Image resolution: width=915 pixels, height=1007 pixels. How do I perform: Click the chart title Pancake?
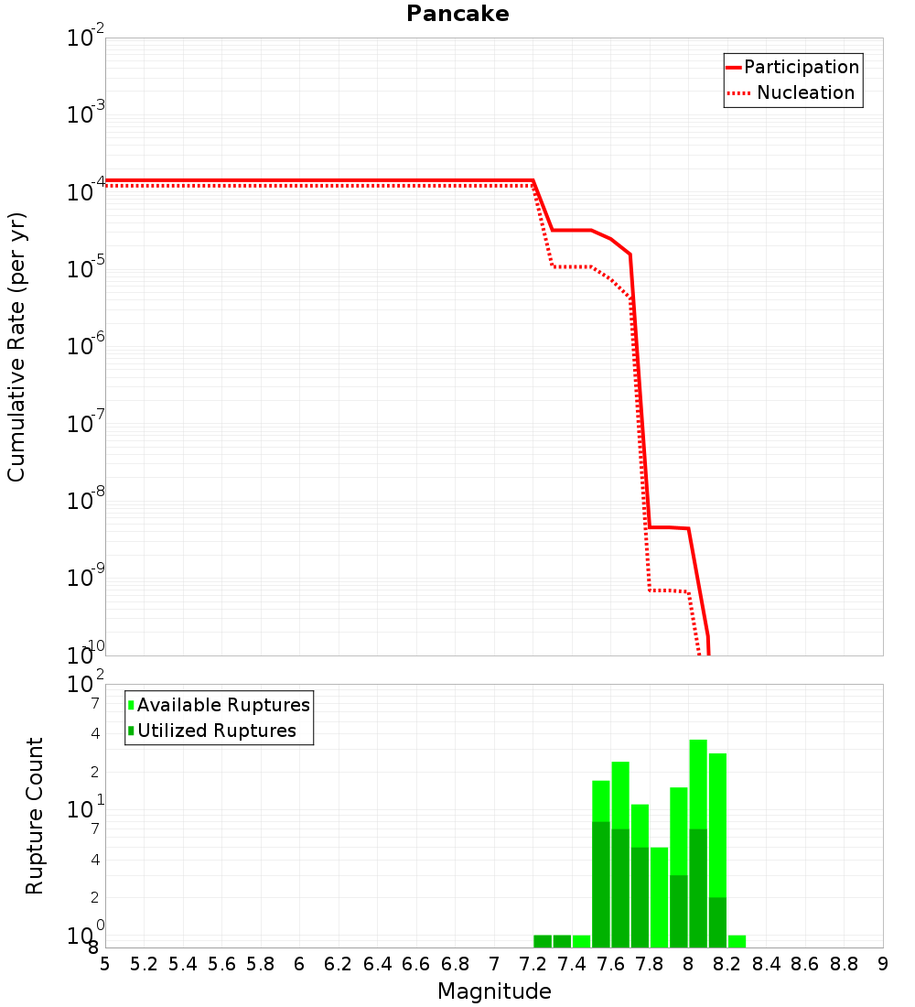(x=457, y=14)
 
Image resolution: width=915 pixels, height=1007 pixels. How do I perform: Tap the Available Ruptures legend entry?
(x=222, y=705)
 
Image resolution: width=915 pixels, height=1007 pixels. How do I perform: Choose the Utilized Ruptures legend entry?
(x=216, y=731)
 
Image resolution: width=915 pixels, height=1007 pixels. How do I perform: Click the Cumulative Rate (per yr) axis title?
(x=16, y=347)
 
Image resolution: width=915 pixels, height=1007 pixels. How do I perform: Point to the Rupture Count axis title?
(x=35, y=816)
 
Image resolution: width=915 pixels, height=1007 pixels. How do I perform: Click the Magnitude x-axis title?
(x=494, y=991)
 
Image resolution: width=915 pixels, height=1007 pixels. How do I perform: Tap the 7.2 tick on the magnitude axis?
(x=533, y=964)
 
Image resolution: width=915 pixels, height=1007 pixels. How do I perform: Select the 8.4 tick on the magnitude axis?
(x=766, y=964)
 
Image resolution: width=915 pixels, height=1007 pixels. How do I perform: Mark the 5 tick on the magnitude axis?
(x=105, y=964)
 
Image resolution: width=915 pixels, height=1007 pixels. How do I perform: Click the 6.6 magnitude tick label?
(x=415, y=964)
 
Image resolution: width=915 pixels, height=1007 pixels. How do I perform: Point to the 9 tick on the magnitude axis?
(x=883, y=964)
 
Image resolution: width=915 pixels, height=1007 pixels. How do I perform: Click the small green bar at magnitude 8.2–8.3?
(x=737, y=941)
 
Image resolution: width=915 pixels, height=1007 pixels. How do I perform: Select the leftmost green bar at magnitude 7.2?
(x=543, y=941)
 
